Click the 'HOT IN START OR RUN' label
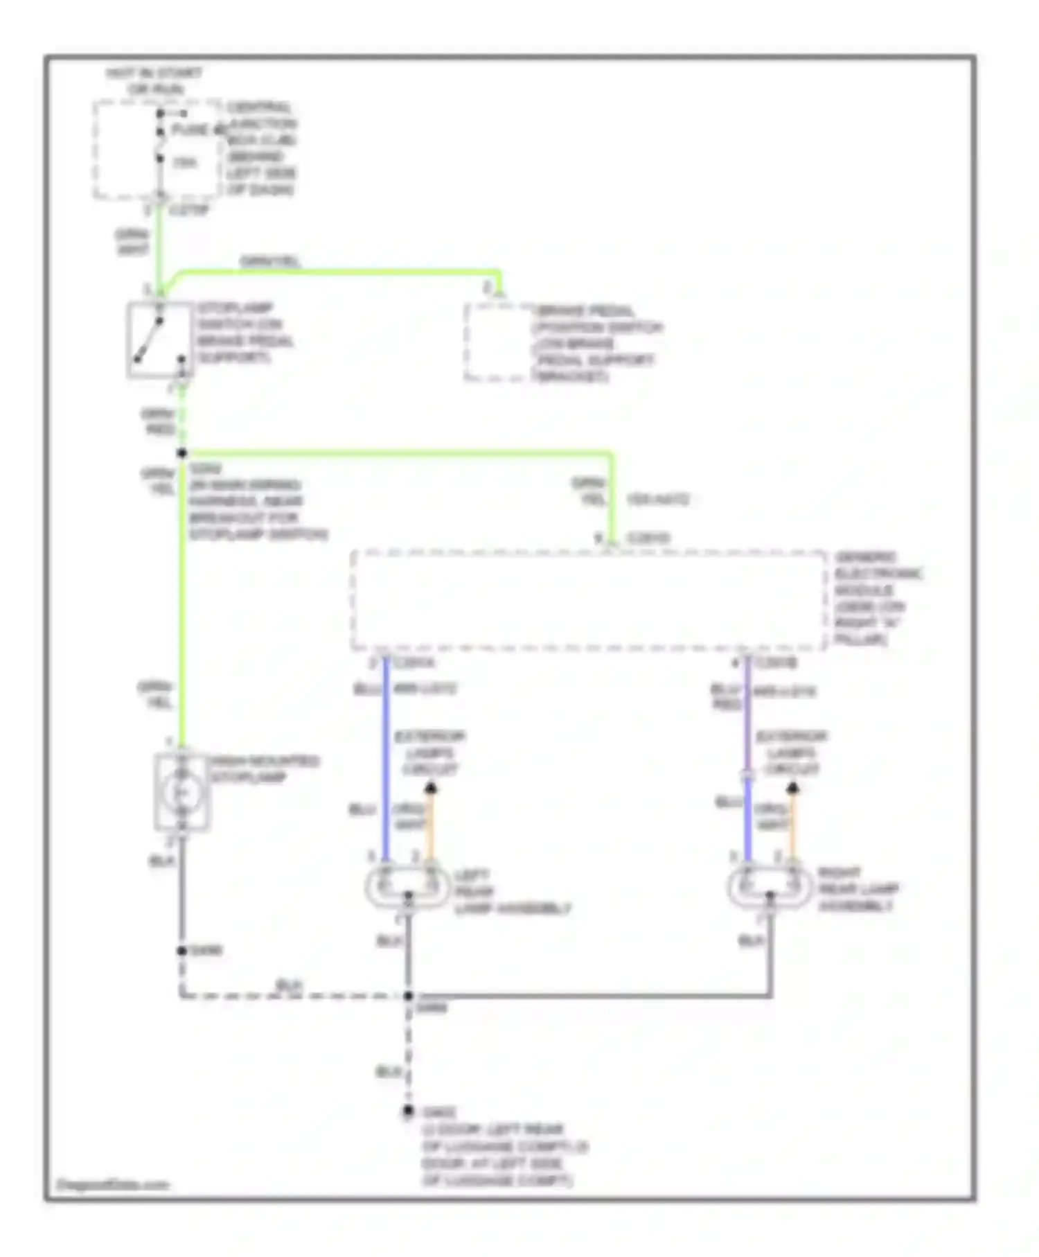(x=154, y=81)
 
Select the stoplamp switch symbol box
(x=159, y=340)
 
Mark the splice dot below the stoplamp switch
(x=182, y=453)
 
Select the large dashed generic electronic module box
(x=589, y=601)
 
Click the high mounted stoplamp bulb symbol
(x=181, y=792)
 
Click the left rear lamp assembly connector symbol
(x=407, y=886)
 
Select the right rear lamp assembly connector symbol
(x=770, y=886)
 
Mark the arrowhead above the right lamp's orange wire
(x=793, y=788)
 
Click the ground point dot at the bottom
(x=409, y=1111)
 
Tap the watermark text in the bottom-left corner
(x=112, y=1185)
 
